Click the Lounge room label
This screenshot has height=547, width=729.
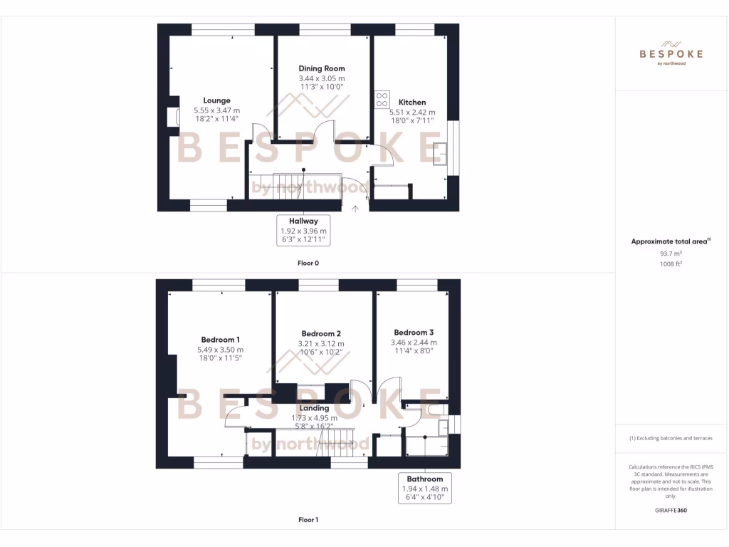(216, 100)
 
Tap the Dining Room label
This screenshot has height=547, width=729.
(322, 68)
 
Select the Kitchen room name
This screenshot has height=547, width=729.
(412, 102)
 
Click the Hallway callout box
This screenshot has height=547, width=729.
(303, 231)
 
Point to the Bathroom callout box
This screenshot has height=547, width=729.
(425, 489)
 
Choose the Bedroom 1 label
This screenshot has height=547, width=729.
(220, 339)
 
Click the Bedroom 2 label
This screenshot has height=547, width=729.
(321, 333)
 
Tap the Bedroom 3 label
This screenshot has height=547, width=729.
(414, 333)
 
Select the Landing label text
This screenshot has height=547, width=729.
(314, 408)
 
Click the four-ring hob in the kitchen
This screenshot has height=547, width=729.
(382, 99)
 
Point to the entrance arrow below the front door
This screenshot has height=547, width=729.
(356, 209)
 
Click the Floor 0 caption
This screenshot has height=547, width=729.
(308, 263)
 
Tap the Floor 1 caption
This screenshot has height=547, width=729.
(308, 520)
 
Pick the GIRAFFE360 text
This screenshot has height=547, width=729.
(671, 510)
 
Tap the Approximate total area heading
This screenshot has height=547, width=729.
(670, 241)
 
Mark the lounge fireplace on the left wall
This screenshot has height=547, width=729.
(172, 117)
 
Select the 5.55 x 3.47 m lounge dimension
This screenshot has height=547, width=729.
(216, 110)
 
